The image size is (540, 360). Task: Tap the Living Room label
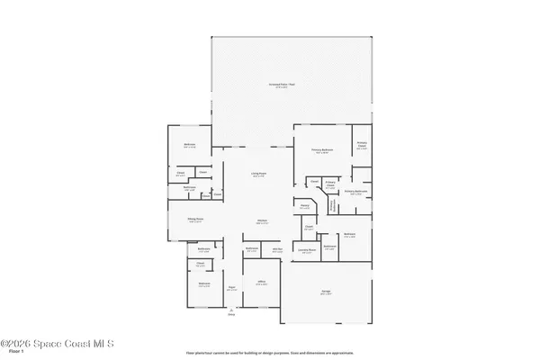point(259,175)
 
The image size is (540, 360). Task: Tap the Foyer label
point(231,288)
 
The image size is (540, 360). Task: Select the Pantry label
point(305,206)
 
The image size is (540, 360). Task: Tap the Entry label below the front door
point(231,315)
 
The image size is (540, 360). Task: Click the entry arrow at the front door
point(231,308)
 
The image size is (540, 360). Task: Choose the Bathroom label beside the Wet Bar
point(253,248)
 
